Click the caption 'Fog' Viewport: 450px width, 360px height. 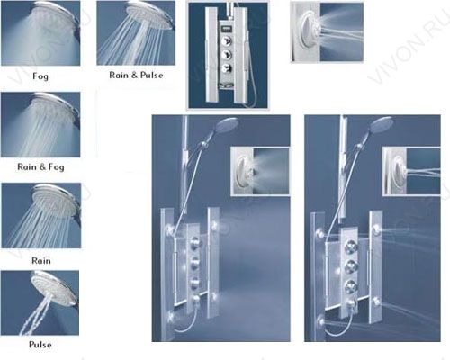[x=40, y=76]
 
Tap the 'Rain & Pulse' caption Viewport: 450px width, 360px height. [x=136, y=75]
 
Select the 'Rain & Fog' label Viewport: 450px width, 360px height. [x=40, y=166]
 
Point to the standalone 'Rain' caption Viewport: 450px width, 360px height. [x=41, y=260]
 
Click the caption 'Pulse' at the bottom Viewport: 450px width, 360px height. [x=40, y=345]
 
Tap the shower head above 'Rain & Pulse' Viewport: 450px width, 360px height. [x=150, y=15]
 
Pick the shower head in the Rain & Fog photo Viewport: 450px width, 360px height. [x=57, y=108]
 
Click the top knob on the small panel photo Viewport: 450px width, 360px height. [x=227, y=40]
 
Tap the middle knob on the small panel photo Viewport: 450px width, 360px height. [x=227, y=55]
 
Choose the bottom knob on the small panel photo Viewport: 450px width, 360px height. [x=227, y=69]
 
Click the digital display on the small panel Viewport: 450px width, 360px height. [x=227, y=30]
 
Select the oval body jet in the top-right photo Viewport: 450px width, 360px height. [x=310, y=31]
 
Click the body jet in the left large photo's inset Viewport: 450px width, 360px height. [x=246, y=171]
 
